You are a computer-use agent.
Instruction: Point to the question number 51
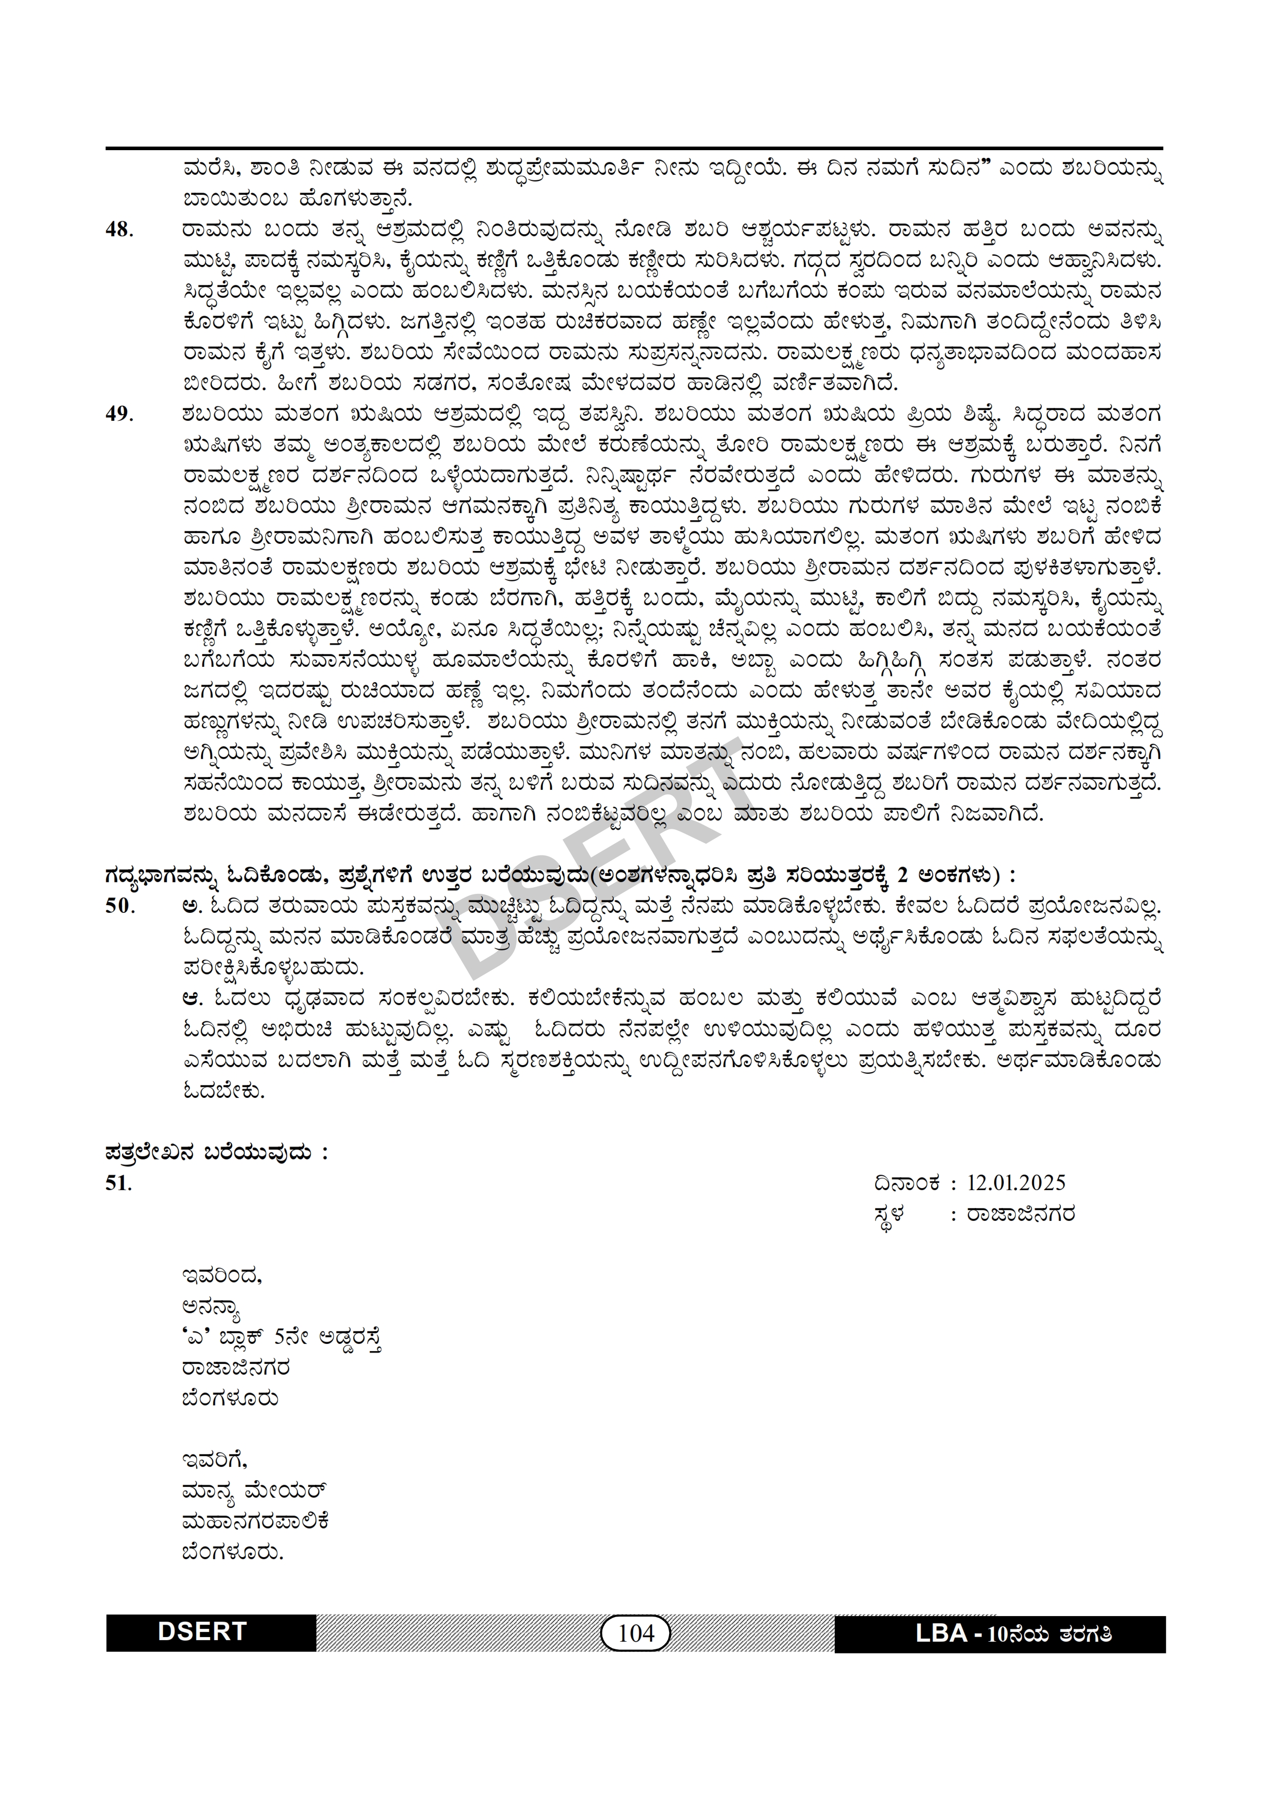118,1183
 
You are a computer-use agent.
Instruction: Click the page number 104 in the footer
635,1633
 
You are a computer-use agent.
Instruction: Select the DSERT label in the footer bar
202,1632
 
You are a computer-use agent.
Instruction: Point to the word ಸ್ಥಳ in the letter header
889,1215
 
